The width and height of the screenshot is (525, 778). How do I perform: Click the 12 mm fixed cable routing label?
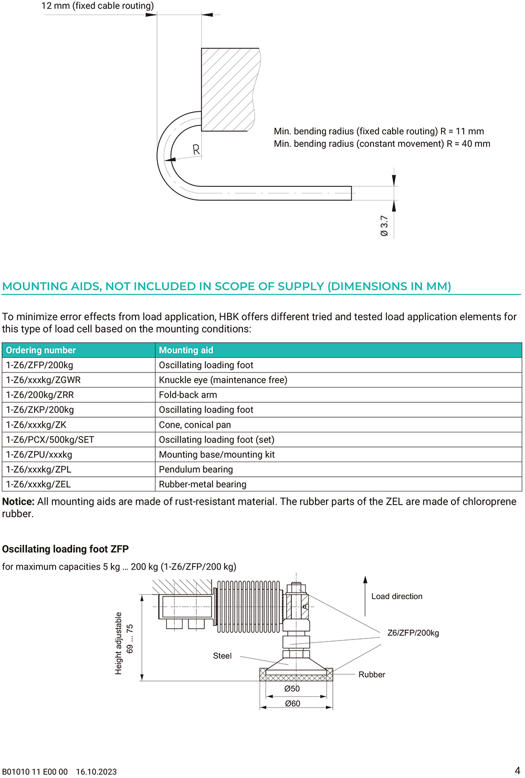click(98, 6)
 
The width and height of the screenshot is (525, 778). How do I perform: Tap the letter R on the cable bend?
click(196, 150)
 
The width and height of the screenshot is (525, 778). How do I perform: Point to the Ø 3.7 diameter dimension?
click(384, 226)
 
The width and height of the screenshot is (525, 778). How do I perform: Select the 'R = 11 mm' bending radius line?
click(379, 131)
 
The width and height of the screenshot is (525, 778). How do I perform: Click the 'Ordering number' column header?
click(41, 350)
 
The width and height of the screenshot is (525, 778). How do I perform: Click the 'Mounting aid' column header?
click(186, 350)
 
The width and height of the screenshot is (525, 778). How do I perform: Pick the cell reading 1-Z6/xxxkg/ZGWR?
click(43, 380)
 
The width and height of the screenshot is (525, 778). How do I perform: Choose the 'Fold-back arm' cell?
click(188, 395)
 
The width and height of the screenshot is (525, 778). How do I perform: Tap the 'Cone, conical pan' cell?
click(195, 425)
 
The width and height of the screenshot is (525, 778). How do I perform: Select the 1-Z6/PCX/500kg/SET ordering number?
click(50, 440)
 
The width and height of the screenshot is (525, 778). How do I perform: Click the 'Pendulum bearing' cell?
click(196, 470)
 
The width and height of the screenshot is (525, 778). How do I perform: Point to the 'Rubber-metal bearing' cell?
click(203, 484)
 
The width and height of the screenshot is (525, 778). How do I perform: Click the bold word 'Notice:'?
click(18, 502)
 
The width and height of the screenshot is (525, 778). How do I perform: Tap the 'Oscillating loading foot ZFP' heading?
click(65, 549)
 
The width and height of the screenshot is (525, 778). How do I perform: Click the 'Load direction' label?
click(397, 596)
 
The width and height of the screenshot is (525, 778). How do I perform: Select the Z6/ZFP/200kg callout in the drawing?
click(413, 633)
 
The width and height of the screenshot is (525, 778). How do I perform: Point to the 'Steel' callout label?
click(222, 656)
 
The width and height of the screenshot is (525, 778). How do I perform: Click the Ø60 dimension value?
click(292, 704)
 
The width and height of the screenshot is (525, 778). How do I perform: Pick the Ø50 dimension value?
click(292, 689)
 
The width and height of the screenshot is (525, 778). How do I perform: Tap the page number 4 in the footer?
click(517, 771)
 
